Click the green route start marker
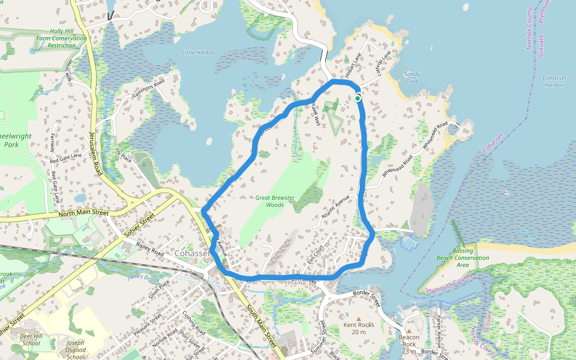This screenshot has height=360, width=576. coord(358,98)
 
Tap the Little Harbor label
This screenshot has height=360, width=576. coord(198,53)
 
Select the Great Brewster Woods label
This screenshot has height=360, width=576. coord(275,201)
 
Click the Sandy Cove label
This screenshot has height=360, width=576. coord(412,77)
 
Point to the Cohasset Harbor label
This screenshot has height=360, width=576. coord(553,82)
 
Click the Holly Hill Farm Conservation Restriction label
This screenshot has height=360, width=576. coord(61,38)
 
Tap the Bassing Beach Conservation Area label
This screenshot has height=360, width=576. coord(470,257)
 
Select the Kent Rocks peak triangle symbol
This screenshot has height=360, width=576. coord(359,318)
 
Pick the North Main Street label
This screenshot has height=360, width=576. coord(83,212)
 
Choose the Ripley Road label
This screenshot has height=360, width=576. coord(150,250)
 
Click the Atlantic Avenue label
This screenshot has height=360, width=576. coord(335,207)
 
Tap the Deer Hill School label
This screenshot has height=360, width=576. coord(30,340)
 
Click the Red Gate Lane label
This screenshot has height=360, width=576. coord(66,158)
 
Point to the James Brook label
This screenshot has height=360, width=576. coord(143,277)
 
